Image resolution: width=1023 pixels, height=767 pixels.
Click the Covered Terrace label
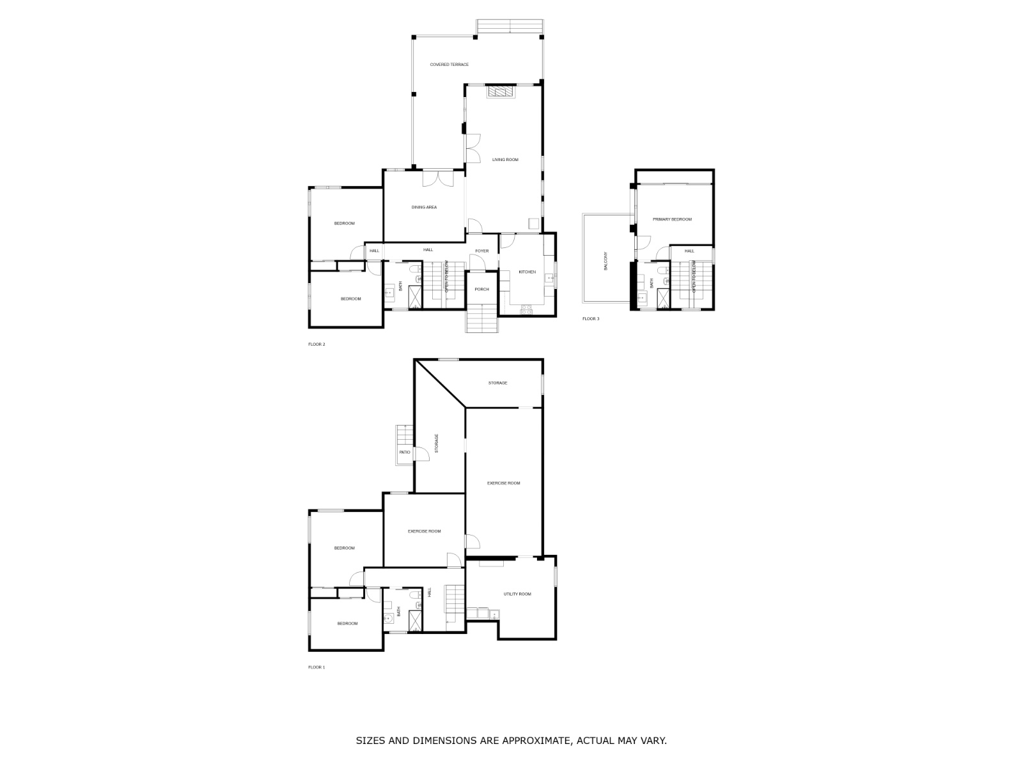pos(449,65)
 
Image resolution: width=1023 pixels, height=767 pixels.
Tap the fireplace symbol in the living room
pos(501,91)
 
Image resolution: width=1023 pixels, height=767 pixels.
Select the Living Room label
pos(505,160)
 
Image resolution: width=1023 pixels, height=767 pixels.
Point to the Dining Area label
pos(424,207)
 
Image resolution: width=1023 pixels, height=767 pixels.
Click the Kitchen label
pos(527,272)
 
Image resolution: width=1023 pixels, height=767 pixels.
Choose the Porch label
pos(481,290)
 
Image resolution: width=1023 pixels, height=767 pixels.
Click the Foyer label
pos(481,251)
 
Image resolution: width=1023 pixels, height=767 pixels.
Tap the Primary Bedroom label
pos(672,220)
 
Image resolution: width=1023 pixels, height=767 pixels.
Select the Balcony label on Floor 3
pos(606,261)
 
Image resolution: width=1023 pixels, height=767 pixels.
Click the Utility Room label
pos(517,594)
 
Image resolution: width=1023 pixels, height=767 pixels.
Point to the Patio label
pos(405,453)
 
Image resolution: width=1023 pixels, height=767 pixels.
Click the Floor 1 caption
pos(316,667)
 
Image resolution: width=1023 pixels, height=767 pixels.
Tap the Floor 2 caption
pos(316,345)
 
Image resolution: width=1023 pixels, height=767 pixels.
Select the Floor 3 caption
pos(591,319)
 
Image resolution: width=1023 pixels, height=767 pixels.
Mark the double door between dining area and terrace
pos(438,178)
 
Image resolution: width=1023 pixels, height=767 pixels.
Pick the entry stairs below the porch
pos(481,318)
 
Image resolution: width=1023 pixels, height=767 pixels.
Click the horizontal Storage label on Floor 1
pos(497,383)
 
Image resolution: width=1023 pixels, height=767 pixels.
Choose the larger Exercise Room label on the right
pos(503,483)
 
